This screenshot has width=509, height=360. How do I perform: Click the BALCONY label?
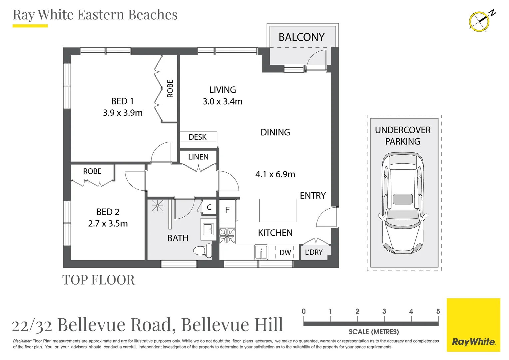(x=301, y=37)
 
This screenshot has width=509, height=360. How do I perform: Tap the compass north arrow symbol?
(x=480, y=21)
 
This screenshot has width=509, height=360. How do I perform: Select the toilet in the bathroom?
(x=203, y=250)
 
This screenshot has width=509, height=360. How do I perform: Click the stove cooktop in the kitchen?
(x=227, y=236)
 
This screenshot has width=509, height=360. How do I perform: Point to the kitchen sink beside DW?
(x=261, y=252)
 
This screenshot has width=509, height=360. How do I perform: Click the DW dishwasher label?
(x=285, y=253)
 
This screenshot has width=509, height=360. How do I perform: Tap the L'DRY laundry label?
(x=314, y=252)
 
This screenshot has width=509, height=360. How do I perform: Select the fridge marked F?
(x=228, y=210)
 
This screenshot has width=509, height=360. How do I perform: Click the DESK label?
(x=198, y=137)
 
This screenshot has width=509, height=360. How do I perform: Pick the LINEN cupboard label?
(x=198, y=157)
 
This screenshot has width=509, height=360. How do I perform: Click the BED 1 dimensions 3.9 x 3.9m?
(x=123, y=113)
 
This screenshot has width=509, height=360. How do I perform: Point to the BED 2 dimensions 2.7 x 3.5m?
(x=108, y=224)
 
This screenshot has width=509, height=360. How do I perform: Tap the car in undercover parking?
(x=403, y=203)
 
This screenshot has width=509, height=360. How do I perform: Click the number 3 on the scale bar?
(x=384, y=311)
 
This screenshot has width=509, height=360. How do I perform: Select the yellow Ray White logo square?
(x=473, y=325)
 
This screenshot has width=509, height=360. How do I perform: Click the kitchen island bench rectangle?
(x=278, y=211)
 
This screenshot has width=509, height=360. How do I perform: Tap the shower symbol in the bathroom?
(x=157, y=207)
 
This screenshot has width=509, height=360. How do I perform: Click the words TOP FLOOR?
(x=99, y=280)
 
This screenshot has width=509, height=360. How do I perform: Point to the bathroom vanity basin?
(x=209, y=229)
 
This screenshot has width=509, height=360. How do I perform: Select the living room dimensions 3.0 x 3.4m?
(x=223, y=101)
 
